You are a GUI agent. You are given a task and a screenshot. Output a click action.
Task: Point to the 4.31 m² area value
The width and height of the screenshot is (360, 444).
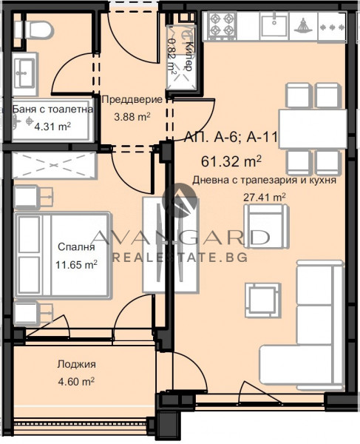point(53,125)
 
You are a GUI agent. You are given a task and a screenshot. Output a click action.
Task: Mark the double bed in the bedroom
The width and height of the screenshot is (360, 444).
point(63,255)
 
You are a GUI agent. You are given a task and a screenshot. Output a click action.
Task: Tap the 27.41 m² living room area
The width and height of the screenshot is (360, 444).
point(265,196)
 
